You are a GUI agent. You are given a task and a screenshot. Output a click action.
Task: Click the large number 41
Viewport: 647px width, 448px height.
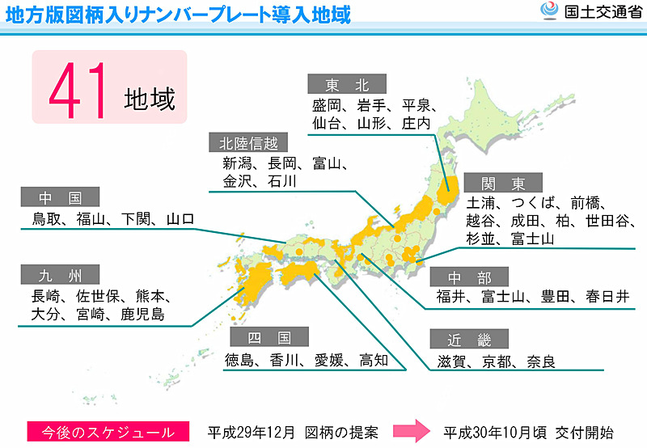78,90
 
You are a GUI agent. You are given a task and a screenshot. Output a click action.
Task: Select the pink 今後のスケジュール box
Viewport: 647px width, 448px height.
107,432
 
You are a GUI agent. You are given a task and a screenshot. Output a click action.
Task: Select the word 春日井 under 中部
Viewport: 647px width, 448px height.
607,296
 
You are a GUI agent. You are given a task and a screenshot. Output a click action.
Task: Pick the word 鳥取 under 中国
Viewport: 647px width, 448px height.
48,218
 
